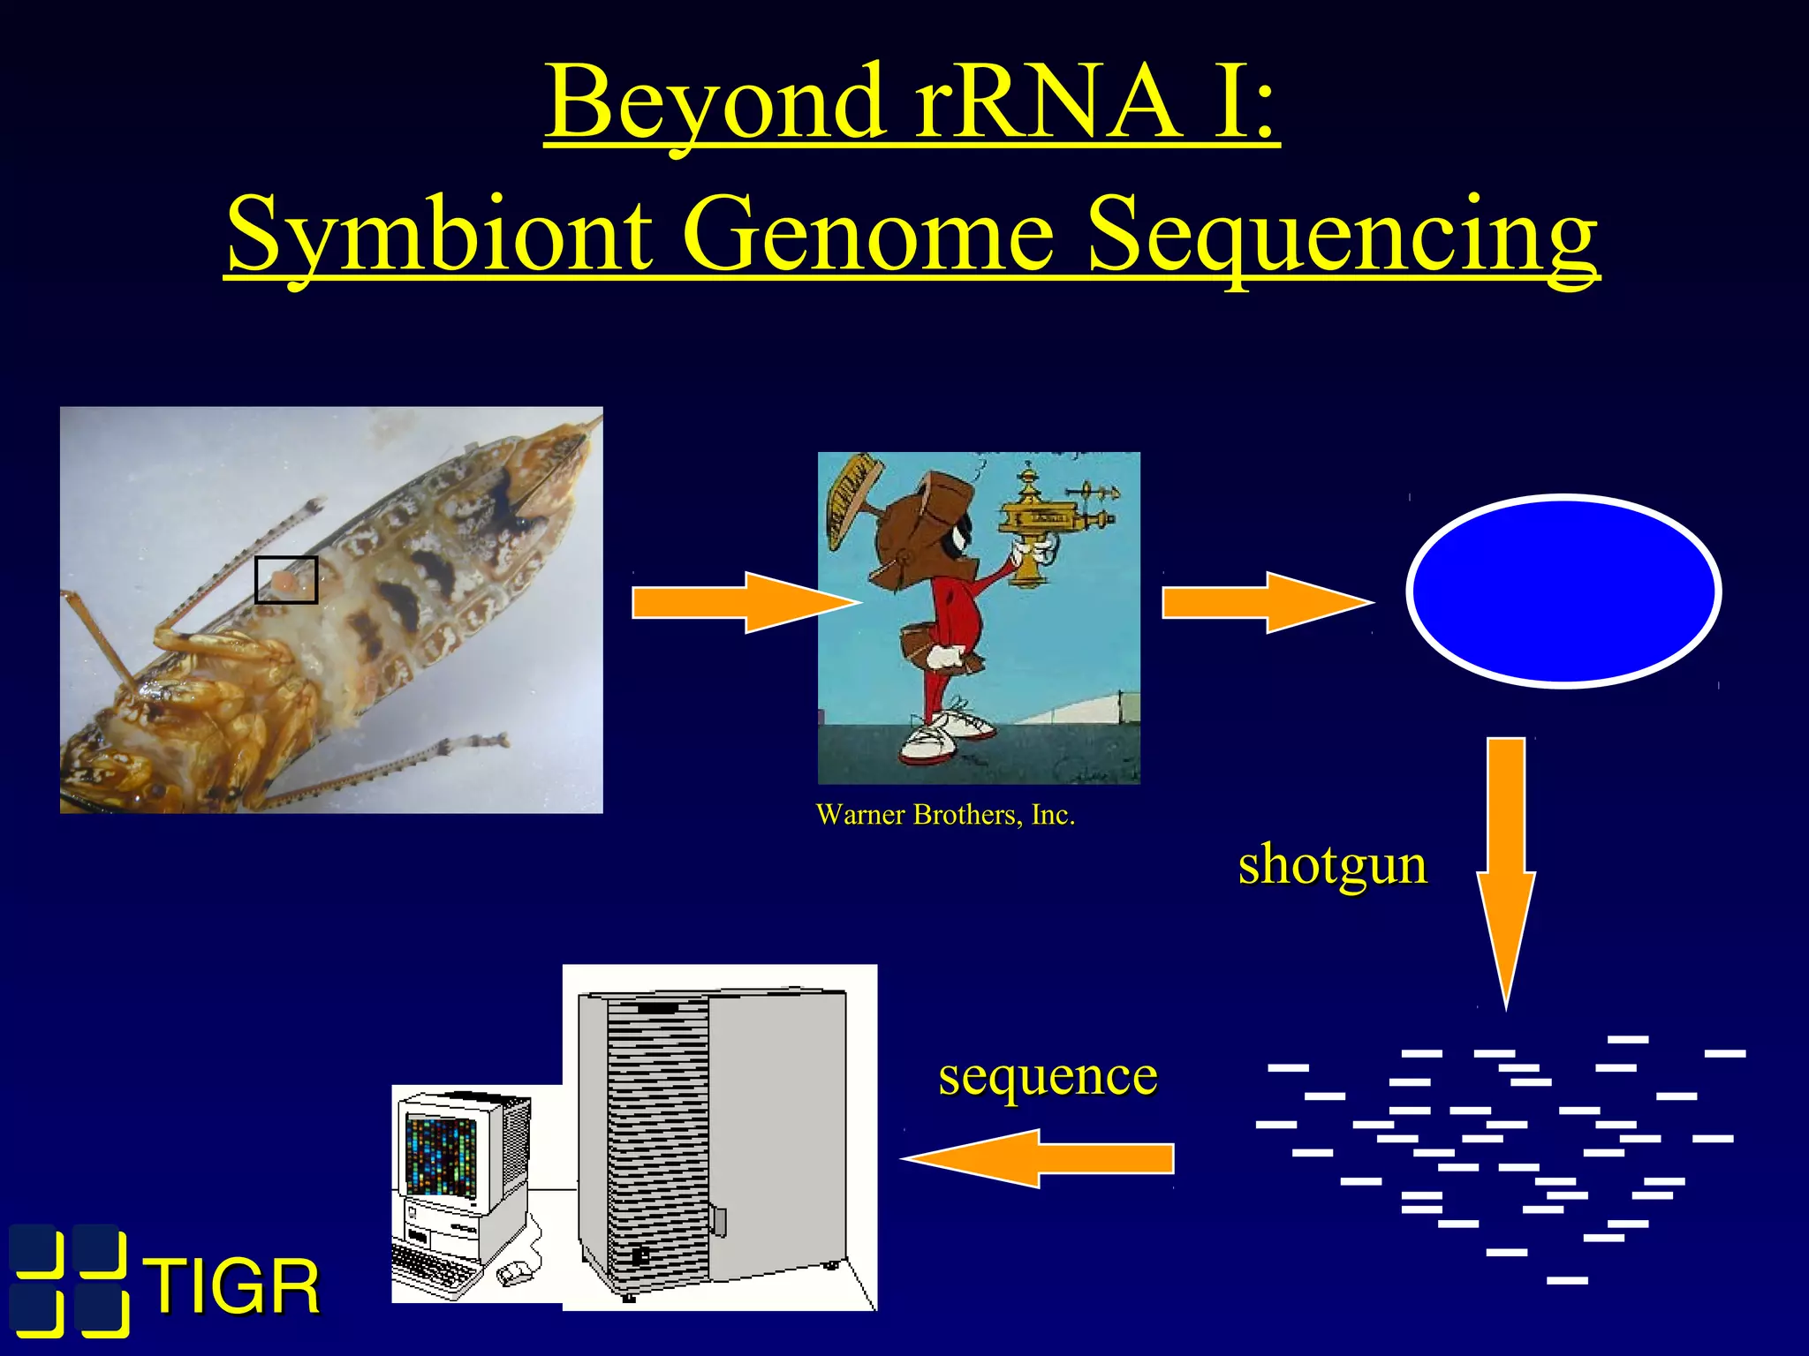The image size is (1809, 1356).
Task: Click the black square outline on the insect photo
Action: pos(285,580)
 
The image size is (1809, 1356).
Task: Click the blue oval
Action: pos(1563,590)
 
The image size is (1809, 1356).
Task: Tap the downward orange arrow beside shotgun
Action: pos(1506,865)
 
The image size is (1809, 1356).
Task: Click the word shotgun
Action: pos(1332,865)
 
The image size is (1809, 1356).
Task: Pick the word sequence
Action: pos(1048,1075)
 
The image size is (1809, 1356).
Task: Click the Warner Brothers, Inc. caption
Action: pos(945,814)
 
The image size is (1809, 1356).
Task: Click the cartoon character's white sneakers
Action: pos(945,737)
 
